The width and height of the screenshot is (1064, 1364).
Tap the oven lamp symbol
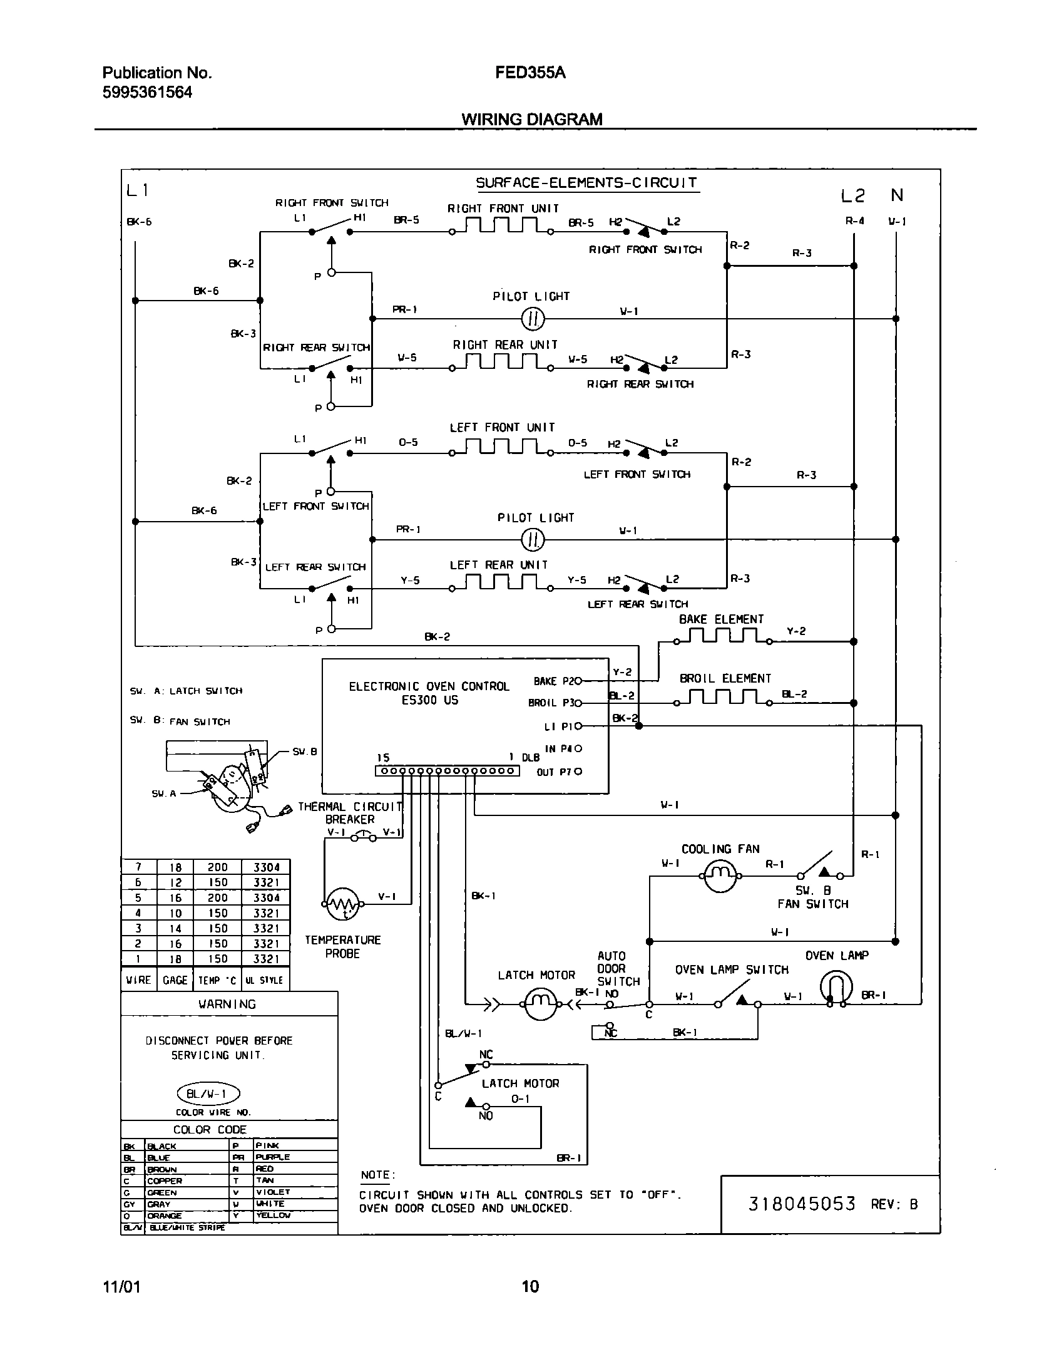point(836,988)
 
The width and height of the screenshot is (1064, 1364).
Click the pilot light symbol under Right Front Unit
point(533,319)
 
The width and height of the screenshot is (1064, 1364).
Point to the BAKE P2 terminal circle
point(578,680)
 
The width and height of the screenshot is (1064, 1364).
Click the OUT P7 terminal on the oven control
point(578,772)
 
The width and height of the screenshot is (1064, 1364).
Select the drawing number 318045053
point(802,1204)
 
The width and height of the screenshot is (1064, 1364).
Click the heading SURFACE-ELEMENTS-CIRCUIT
point(586,183)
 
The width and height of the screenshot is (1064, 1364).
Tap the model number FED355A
point(530,73)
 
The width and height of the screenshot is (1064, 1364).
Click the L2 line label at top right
point(852,196)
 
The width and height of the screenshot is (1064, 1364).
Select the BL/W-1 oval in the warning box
point(209,1094)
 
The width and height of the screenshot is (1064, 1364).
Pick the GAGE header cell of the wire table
point(175,980)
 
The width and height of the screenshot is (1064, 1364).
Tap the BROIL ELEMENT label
point(725,678)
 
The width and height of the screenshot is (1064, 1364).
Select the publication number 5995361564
point(147,93)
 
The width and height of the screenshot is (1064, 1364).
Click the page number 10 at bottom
point(529,1286)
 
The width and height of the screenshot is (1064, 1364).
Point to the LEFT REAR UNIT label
point(499,565)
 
